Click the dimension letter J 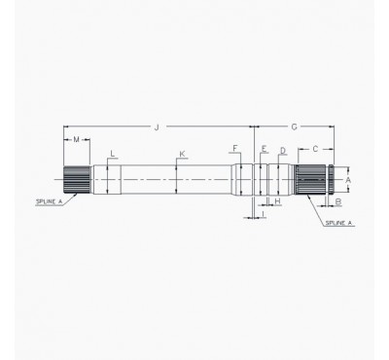click(155, 126)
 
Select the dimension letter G click(294, 126)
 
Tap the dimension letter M click(76, 140)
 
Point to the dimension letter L click(113, 154)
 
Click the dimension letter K click(182, 154)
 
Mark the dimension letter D click(282, 150)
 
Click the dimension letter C click(313, 150)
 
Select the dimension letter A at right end click(348, 179)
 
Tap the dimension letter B click(337, 202)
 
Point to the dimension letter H click(277, 201)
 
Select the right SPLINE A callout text click(338, 223)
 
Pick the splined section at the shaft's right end click(311, 180)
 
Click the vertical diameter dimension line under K click(176, 180)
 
